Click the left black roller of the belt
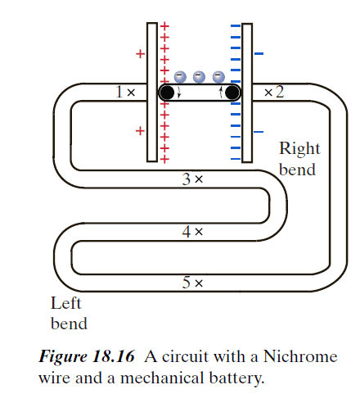[167, 93]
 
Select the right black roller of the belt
[232, 93]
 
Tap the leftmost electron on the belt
[180, 76]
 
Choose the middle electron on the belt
[200, 76]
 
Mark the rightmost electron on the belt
[218, 76]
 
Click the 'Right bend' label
[299, 159]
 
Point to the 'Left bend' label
[69, 313]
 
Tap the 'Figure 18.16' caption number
[90, 358]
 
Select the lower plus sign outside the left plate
[140, 130]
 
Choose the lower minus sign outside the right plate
[259, 131]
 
